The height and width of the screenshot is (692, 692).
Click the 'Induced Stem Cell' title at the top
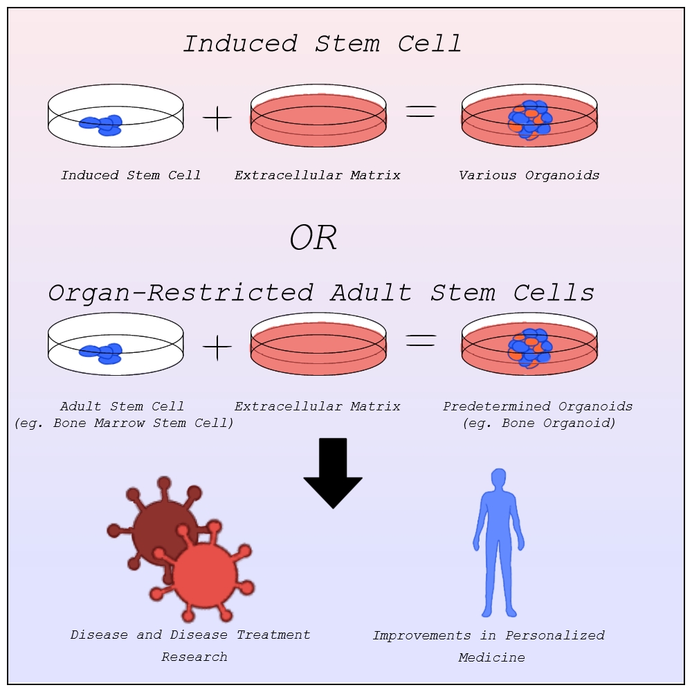pyautogui.click(x=322, y=44)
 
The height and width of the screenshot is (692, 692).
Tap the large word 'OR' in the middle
pyautogui.click(x=313, y=239)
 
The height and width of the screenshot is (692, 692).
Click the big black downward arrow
pyautogui.click(x=333, y=474)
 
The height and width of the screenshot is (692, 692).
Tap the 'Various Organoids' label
pyautogui.click(x=529, y=176)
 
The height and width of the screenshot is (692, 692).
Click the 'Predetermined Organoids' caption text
pyautogui.click(x=538, y=406)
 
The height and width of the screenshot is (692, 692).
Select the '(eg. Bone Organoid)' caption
pyautogui.click(x=539, y=423)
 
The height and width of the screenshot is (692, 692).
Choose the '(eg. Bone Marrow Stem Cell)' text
pyautogui.click(x=124, y=423)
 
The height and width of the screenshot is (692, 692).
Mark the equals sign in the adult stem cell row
pyautogui.click(x=421, y=340)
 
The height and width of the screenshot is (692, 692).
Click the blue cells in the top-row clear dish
pyautogui.click(x=102, y=125)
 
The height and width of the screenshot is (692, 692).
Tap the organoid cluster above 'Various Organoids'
pyautogui.click(x=530, y=120)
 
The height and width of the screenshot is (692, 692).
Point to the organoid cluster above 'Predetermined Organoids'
pyautogui.click(x=530, y=347)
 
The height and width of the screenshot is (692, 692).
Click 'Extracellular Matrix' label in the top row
pyautogui.click(x=318, y=176)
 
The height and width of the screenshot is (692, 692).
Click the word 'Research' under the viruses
pyautogui.click(x=194, y=657)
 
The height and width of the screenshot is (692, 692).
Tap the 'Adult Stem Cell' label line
pyautogui.click(x=122, y=406)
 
